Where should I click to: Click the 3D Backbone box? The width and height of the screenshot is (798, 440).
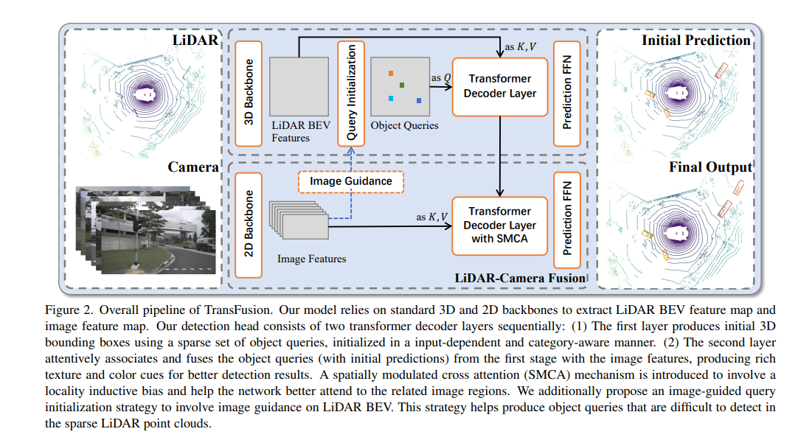point(249,93)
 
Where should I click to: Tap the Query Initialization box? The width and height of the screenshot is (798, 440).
point(350,93)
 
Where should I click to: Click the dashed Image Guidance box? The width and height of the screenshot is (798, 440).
point(351,181)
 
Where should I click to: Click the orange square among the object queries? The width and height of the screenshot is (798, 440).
point(392,74)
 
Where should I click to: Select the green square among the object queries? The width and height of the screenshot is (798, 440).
point(402,85)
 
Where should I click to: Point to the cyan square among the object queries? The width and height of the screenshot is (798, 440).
point(391,98)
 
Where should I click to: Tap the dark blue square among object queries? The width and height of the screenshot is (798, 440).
point(418,100)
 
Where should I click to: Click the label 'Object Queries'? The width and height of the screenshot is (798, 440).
point(404,125)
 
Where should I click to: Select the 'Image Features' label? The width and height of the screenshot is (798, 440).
point(311,259)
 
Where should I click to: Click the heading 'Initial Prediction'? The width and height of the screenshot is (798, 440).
point(695,41)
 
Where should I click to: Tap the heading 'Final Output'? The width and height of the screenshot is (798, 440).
point(710,167)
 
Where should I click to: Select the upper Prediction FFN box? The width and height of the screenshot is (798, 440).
point(566,93)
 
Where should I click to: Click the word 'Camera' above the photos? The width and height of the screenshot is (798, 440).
point(193,167)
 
